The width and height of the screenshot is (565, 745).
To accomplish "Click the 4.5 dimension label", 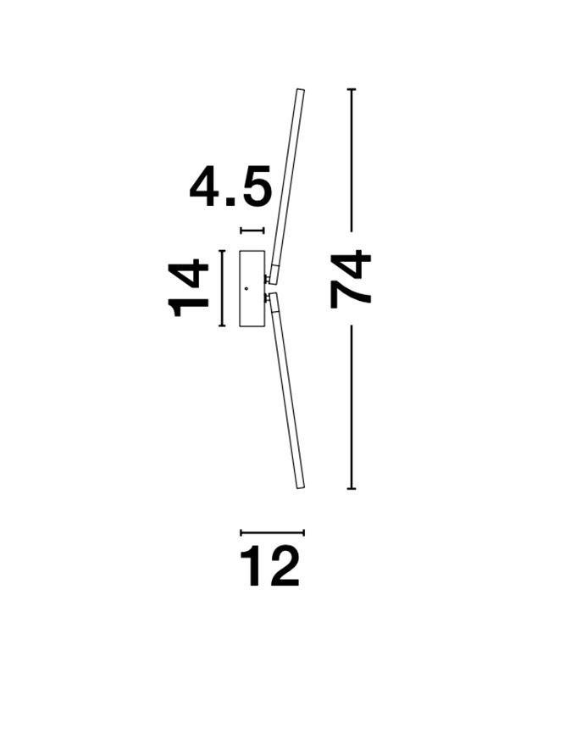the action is [230, 186].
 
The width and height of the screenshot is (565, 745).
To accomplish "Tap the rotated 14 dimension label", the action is [188, 288].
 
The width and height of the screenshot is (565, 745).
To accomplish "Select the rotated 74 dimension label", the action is [351, 280].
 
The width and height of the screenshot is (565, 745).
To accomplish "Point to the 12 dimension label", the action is [269, 566].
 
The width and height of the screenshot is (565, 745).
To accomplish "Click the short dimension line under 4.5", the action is [252, 231].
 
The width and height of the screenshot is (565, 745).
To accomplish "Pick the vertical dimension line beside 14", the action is [221, 288].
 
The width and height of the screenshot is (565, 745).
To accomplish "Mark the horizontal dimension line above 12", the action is [272, 532].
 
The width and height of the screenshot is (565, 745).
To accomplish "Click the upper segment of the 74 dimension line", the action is [352, 160].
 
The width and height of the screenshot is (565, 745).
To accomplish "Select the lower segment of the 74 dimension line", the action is [352, 407].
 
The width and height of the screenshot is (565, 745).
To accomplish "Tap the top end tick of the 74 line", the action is [352, 89].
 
